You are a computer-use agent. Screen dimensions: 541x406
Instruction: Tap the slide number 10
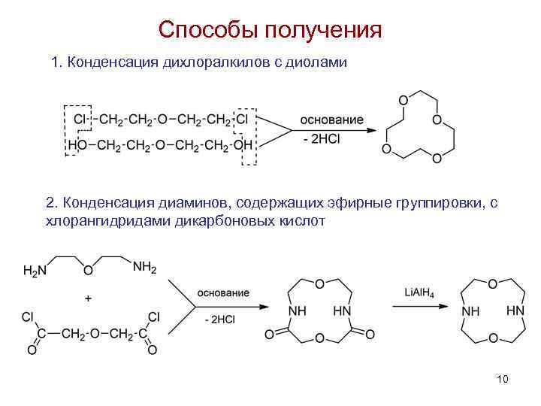click(x=503, y=378)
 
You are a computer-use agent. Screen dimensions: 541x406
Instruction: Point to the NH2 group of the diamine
click(x=144, y=267)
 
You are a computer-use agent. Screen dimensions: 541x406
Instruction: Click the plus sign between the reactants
click(x=88, y=298)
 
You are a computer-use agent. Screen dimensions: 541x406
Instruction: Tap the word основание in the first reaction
click(x=331, y=120)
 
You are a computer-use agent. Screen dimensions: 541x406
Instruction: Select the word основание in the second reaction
click(x=224, y=292)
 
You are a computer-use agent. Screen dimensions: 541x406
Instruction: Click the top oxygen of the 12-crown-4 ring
click(x=403, y=100)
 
